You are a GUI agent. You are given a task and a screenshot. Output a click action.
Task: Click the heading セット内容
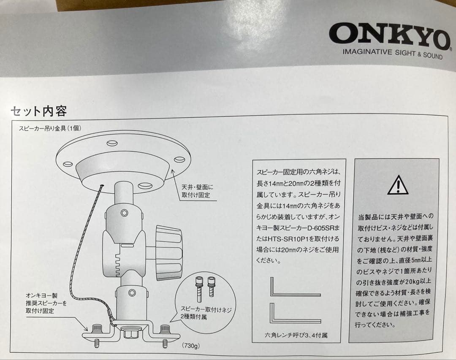point(38,111)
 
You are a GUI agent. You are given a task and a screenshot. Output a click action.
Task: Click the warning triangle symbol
point(397,184)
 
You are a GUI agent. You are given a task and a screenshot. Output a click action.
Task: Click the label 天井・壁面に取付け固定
point(198,191)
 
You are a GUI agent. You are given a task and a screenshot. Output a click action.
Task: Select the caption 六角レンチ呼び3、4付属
point(296,336)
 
